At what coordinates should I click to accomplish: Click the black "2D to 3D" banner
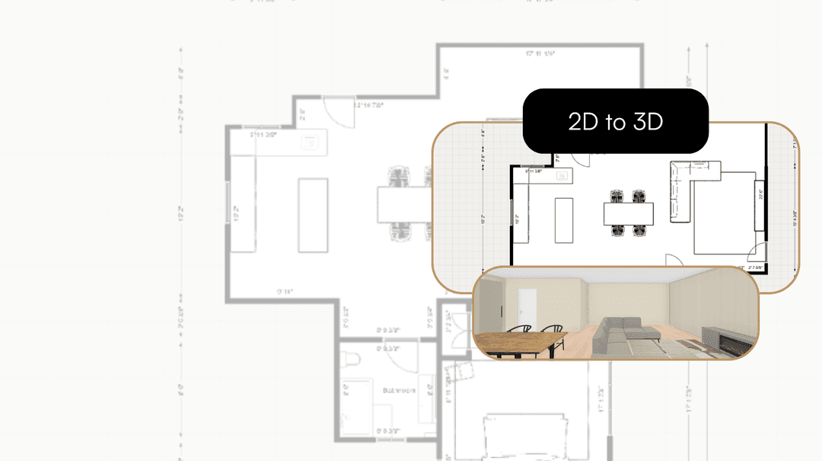coord(616,121)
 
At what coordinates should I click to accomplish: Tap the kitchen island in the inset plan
coord(564,220)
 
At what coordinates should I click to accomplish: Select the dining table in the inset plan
coord(629,214)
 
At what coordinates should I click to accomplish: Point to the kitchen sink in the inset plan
coord(564,176)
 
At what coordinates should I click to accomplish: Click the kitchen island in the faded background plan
coord(312,215)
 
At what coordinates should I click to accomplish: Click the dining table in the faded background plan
coord(401,204)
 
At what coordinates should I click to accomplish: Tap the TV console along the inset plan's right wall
coord(758,206)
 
